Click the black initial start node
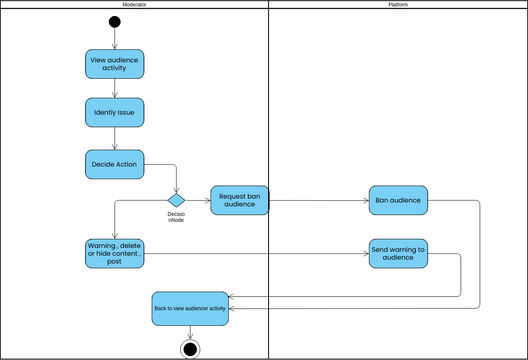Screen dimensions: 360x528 (115, 22)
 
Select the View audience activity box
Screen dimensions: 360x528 (115, 64)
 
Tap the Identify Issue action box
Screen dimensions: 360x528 (115, 113)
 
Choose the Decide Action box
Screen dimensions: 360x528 (115, 164)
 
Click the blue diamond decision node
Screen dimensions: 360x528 (177, 200)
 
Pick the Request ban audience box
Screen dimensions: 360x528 (240, 201)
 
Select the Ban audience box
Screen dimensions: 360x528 (398, 201)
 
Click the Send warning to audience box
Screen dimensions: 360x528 (398, 254)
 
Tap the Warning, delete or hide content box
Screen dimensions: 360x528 (115, 254)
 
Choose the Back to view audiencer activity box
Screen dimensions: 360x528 (190, 308)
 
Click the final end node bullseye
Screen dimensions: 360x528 (190, 348)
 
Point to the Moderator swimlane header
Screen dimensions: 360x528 (135, 5)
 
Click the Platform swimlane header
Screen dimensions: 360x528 (398, 5)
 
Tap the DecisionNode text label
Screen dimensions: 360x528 (176, 217)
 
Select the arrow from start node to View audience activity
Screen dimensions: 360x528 (115, 39)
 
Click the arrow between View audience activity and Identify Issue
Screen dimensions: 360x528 (115, 88)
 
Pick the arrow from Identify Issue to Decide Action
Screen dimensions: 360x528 (115, 139)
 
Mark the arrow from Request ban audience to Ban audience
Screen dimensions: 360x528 (320, 201)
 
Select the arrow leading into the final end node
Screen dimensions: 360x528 (190, 332)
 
